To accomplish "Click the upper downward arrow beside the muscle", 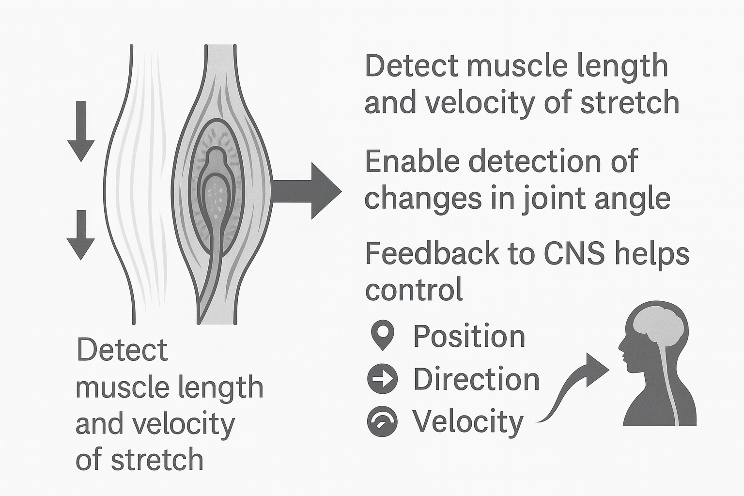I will (81, 131).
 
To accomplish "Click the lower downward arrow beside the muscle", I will (81, 235).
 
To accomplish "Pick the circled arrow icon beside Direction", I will (383, 378).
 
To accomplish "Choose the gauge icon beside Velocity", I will (383, 421).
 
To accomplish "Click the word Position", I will (469, 336).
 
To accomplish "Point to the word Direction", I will (476, 379).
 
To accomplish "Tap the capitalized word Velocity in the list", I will (468, 421).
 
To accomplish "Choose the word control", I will (414, 290).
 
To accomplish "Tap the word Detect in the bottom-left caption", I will (122, 350).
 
